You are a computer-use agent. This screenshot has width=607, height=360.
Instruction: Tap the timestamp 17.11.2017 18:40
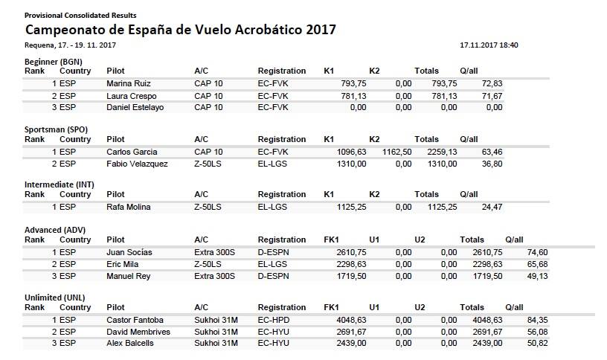point(489,45)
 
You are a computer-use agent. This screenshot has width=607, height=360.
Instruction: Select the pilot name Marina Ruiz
point(129,83)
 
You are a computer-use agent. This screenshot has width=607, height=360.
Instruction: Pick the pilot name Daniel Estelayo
point(135,108)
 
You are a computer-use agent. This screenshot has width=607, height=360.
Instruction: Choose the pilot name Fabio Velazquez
point(137,164)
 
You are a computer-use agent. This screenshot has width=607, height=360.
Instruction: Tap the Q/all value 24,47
point(491,207)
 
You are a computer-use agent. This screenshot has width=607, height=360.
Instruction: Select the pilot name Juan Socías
point(129,252)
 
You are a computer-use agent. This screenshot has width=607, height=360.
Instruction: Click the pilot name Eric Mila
point(124,264)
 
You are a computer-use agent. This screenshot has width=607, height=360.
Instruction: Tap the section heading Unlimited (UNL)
point(55,297)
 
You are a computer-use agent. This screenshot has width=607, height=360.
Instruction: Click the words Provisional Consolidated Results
point(80,15)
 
